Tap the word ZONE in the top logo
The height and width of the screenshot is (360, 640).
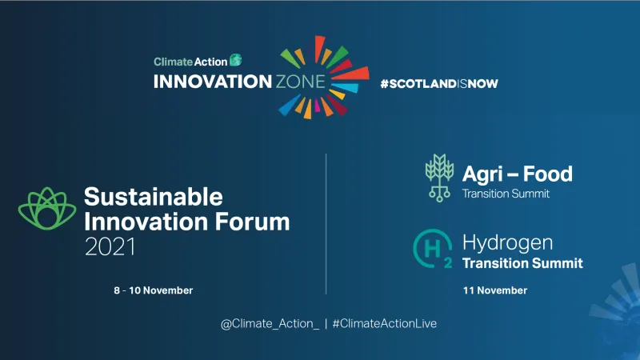coord(302,82)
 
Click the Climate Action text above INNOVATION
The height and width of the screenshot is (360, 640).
coord(190,60)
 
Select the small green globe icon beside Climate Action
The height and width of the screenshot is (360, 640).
coord(235,59)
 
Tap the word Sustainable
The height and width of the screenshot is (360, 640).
coord(154,197)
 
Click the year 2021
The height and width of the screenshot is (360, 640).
coord(110,247)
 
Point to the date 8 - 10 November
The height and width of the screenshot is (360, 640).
coord(153,290)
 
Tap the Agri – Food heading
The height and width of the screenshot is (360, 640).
coord(517,173)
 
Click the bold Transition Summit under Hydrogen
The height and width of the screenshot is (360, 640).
coord(522,263)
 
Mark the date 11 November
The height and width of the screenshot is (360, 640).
coord(494,290)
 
